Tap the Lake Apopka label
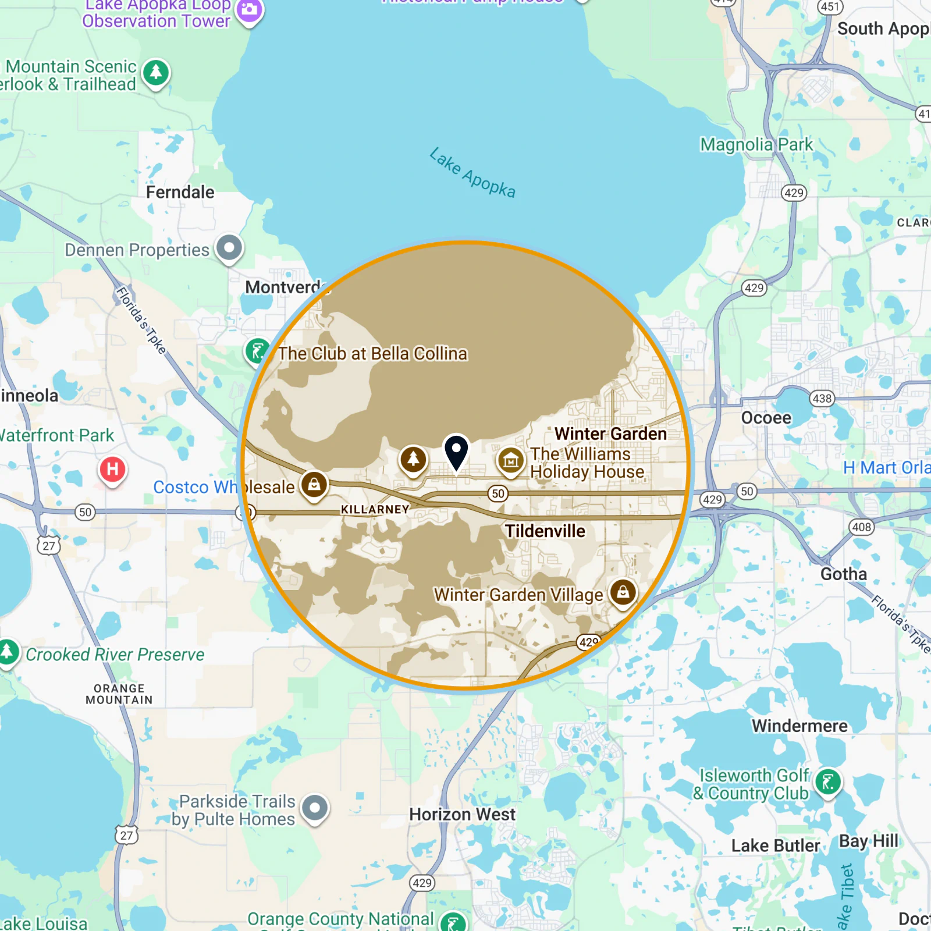[x=472, y=173]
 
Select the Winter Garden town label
[x=610, y=433]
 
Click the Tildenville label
[x=545, y=531]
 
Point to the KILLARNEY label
[x=375, y=509]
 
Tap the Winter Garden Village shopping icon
[x=623, y=593]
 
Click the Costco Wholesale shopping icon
[x=314, y=484]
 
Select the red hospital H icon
[x=113, y=469]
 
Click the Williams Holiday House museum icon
[x=510, y=461]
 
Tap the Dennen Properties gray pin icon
[x=229, y=248]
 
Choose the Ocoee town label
[x=766, y=418]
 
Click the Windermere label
[x=799, y=726]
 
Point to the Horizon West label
[x=462, y=814]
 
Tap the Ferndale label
[x=180, y=192]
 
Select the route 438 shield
[x=822, y=399]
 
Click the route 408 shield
[x=862, y=527]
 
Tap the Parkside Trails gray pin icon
[x=315, y=808]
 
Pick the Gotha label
[x=843, y=574]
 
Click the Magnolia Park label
[x=756, y=144]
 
